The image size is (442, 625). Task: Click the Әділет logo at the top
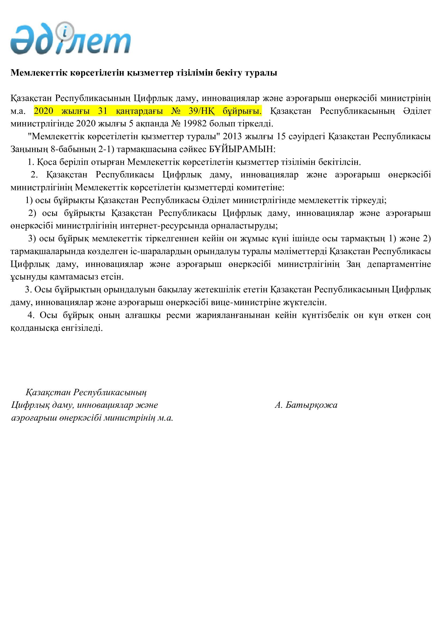(70, 38)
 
